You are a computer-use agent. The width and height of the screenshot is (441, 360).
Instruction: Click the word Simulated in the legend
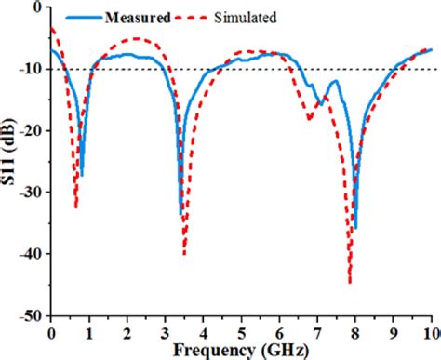coord(247,18)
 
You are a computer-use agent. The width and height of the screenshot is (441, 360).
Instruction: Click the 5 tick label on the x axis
coord(241,331)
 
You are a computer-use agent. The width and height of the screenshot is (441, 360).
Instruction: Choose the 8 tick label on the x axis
coord(355,331)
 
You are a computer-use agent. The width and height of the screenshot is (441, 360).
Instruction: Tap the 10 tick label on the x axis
coord(429,331)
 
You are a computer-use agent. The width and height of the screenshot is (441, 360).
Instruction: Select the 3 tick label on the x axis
coord(165,331)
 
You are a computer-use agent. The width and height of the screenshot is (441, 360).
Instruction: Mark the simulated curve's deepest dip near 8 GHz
coord(350,282)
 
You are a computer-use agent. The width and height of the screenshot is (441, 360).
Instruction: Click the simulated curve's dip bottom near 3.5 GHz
coord(184,253)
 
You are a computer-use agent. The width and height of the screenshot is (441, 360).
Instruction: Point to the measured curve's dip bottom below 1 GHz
coord(82,174)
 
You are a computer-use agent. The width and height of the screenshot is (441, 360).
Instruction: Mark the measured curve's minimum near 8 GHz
coord(355,228)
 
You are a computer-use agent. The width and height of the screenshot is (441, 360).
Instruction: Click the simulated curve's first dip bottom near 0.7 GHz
coord(76,207)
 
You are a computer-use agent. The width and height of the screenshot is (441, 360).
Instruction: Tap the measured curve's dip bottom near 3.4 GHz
coord(180,214)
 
